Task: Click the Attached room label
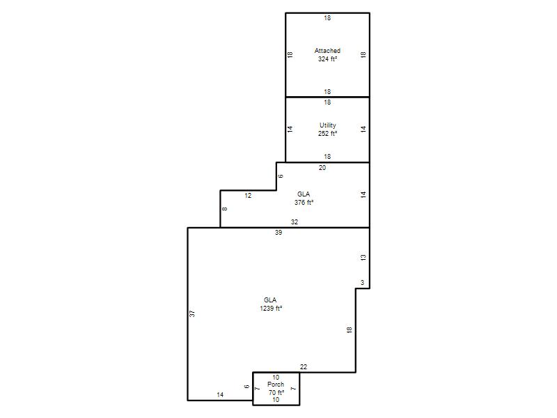pos(327,50)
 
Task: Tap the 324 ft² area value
pos(327,59)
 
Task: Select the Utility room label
pos(327,125)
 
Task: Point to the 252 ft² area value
pos(327,134)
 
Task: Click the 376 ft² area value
pos(304,203)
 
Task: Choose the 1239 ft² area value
pos(271,309)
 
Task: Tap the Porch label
pos(276,385)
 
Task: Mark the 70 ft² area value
pos(276,392)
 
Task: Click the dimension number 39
pos(278,233)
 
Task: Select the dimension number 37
pos(192,313)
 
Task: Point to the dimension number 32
pos(295,222)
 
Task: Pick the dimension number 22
pos(304,367)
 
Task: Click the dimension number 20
pos(322,168)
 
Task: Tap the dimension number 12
pos(248,196)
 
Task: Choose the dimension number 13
pos(363,257)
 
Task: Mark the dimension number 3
pos(362,283)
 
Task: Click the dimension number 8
pos(224,209)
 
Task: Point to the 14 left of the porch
pos(220,395)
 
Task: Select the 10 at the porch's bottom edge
pos(276,400)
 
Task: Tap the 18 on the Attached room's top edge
pos(327,18)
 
